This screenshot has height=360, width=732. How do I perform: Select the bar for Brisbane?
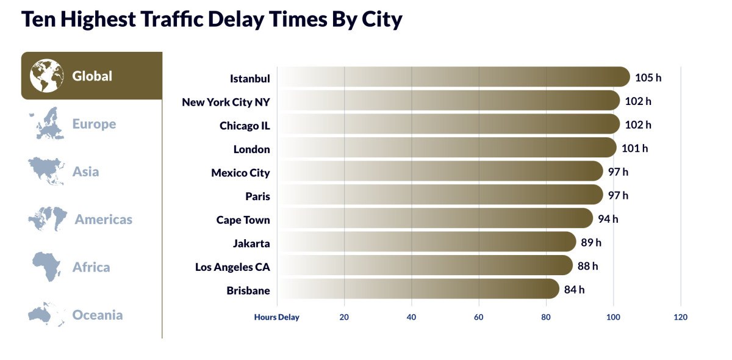pos(418,289)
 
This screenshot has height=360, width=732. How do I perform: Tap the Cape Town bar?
pos(435,218)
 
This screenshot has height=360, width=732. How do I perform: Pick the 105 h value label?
pos(648,77)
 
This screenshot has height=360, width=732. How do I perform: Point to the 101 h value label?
pos(634,148)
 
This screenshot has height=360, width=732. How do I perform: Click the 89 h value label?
pos(590,242)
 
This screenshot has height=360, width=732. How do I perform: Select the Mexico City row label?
pos(240,173)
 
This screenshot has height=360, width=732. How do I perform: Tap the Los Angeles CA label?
pos(232,267)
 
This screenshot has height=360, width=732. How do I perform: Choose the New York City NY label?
pos(226,102)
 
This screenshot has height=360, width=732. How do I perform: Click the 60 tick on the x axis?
pos(479,317)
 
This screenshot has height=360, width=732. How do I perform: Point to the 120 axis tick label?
pos(680,317)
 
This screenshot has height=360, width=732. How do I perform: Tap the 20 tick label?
pos(344,317)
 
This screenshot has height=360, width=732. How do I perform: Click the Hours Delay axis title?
pos(277,317)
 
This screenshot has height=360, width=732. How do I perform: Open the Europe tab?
pos(94,124)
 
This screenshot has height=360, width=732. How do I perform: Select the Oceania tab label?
pos(98,315)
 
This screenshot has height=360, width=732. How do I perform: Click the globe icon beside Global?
pos(47,76)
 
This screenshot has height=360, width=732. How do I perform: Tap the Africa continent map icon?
pos(47,267)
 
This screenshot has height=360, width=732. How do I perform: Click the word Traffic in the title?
pos(173,19)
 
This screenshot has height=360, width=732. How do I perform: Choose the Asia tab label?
pos(85,171)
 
